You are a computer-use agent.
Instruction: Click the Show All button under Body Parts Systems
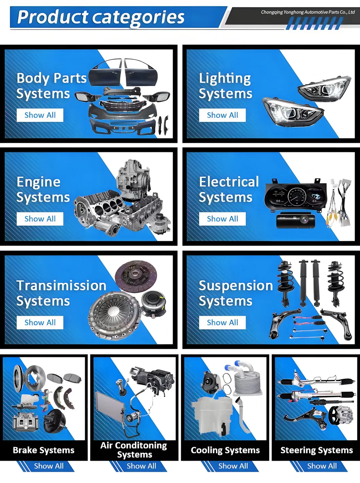(40, 115)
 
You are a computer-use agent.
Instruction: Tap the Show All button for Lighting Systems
(222, 115)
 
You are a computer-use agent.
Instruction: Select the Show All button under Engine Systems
(40, 219)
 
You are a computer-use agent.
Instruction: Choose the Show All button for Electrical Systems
(222, 219)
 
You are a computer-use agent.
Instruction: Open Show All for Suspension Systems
(222, 322)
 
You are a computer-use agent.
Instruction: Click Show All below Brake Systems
(49, 466)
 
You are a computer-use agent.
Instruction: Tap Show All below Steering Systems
(322, 466)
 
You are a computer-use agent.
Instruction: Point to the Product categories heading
(101, 17)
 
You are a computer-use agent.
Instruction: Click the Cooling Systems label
(225, 450)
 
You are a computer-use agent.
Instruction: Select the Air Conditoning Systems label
(134, 450)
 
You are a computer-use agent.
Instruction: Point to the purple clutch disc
(136, 276)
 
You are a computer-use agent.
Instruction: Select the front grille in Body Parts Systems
(123, 106)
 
